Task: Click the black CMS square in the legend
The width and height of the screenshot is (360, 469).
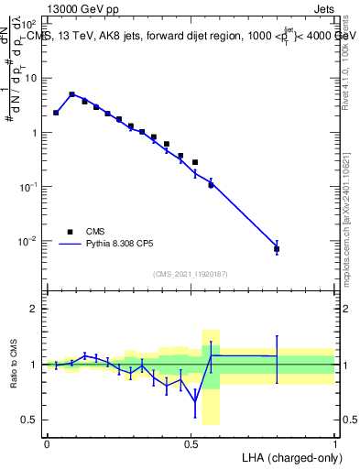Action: [x=70, y=231]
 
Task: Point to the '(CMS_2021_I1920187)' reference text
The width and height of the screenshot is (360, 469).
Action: [x=190, y=273]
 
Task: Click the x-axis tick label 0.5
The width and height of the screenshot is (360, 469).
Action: [x=191, y=442]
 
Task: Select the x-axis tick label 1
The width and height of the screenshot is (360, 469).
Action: [x=334, y=442]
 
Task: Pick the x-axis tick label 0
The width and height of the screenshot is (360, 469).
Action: [x=47, y=442]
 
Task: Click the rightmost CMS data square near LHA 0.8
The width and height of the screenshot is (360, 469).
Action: [x=277, y=248]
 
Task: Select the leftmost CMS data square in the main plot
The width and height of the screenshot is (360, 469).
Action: [x=56, y=113]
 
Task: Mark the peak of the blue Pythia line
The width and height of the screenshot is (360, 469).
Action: [x=71, y=93]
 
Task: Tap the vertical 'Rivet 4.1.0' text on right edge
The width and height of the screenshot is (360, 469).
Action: [x=347, y=55]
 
